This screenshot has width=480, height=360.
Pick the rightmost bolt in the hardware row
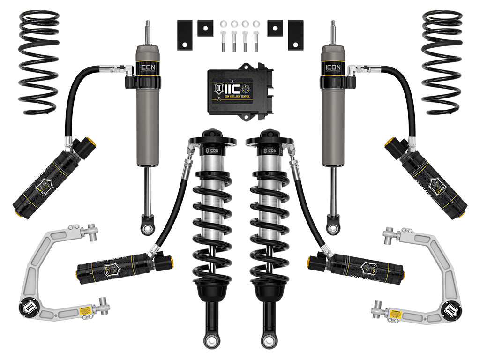[255, 41]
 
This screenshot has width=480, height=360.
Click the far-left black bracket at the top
[184, 35]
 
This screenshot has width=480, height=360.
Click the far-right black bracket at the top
[295, 35]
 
